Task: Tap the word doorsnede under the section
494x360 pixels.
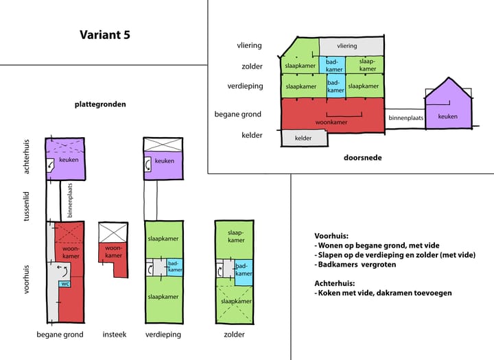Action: tap(362, 158)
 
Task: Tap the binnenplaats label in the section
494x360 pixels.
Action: tap(406, 118)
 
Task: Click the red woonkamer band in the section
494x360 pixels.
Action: tap(331, 114)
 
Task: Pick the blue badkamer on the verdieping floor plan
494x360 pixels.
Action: tap(175, 267)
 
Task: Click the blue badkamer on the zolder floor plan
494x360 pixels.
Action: tap(243, 269)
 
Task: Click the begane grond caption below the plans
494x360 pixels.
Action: tap(60, 335)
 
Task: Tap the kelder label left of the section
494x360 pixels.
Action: tap(251, 135)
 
